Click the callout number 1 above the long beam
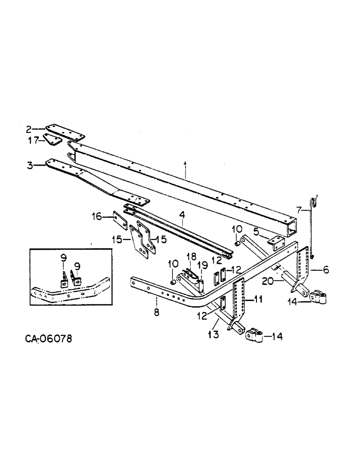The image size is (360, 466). pyautogui.click(x=185, y=164)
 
